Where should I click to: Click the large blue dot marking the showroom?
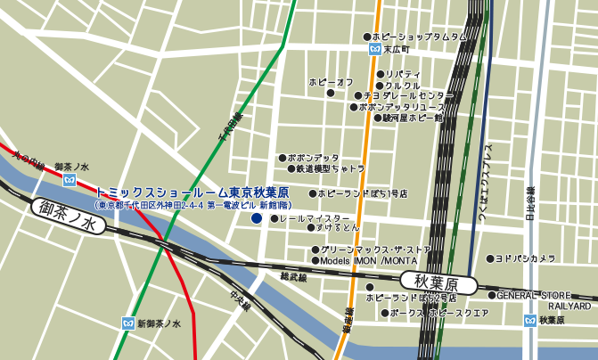click(x=257, y=217)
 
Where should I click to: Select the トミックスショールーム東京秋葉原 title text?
click(x=192, y=192)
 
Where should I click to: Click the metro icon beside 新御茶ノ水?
click(x=127, y=323)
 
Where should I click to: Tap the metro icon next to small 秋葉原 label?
click(x=531, y=320)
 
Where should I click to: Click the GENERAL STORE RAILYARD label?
click(x=543, y=300)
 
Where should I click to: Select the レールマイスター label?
click(x=315, y=218)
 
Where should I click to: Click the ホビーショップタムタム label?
click(x=419, y=37)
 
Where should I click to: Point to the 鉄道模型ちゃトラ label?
click(x=330, y=168)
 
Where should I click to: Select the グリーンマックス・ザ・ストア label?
click(x=375, y=250)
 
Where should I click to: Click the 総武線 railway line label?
click(x=293, y=278)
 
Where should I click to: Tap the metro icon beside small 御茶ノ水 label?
click(x=70, y=180)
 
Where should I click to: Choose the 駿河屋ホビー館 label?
click(x=413, y=117)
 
